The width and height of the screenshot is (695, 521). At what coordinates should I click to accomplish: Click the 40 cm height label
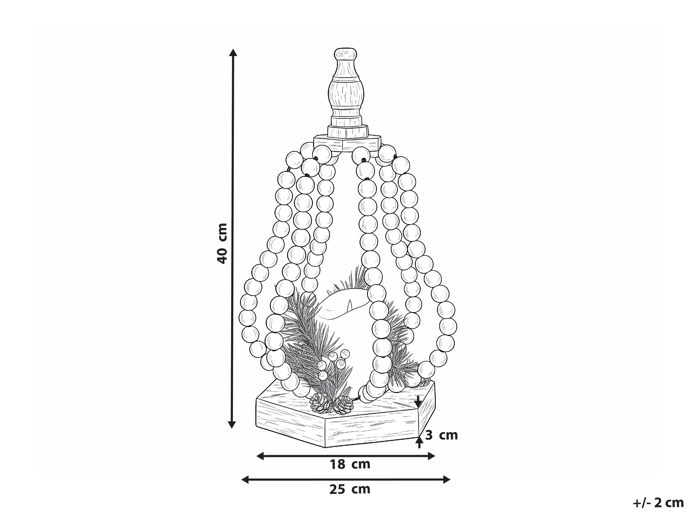click(222, 243)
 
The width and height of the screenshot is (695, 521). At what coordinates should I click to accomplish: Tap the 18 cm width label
click(350, 464)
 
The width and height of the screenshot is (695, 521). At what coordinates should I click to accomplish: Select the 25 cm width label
click(350, 489)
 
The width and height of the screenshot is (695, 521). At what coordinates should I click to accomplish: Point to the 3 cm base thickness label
click(441, 435)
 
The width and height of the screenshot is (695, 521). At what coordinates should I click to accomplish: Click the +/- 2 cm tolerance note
click(658, 503)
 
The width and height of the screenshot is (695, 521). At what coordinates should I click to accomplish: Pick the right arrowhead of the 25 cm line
click(446, 479)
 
